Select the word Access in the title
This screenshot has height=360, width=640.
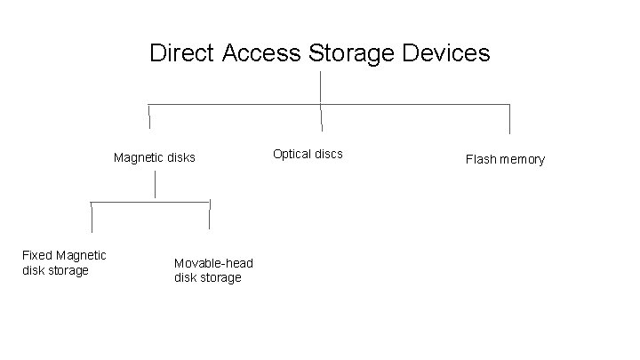tap(260, 53)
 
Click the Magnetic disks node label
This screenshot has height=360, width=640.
tap(154, 158)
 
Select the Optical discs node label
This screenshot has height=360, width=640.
tap(308, 154)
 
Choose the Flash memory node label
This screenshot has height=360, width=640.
tap(505, 160)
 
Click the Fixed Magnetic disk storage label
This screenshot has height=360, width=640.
tap(64, 263)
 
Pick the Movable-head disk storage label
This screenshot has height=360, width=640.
tap(213, 270)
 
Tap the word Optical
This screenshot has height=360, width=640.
tap(292, 154)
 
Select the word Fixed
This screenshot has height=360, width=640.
tap(37, 256)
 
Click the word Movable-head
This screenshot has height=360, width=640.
tap(213, 263)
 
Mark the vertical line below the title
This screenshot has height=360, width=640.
tap(320, 86)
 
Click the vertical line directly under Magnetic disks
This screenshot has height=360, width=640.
tap(156, 185)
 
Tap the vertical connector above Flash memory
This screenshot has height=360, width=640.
tap(509, 119)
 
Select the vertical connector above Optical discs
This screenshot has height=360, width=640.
tap(321, 116)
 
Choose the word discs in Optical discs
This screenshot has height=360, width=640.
tap(327, 154)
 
